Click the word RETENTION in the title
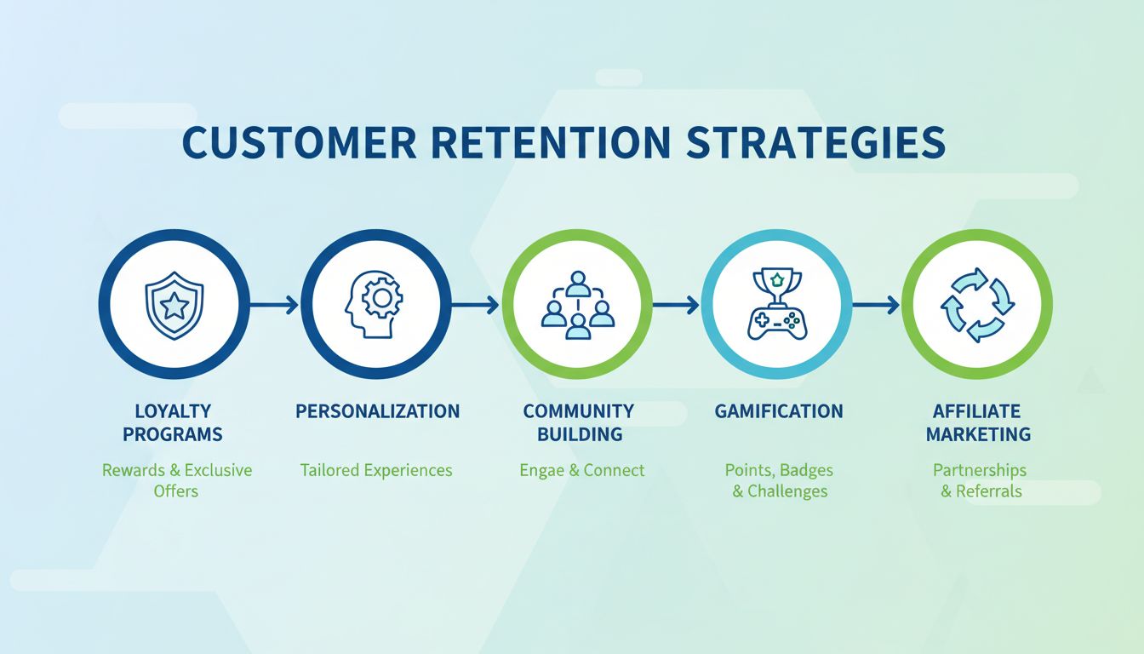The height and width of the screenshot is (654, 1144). (x=552, y=143)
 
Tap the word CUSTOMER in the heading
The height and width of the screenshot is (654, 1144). (x=299, y=143)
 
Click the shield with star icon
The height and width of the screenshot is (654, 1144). (x=174, y=304)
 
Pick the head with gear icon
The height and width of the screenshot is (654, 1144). (x=375, y=304)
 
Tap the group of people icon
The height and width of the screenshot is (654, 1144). (x=577, y=305)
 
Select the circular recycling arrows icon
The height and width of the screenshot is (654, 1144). (x=977, y=305)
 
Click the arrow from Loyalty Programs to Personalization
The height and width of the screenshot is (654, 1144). (x=274, y=305)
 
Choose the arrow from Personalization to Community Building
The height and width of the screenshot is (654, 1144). (x=475, y=305)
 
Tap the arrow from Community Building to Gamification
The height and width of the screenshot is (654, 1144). (x=677, y=305)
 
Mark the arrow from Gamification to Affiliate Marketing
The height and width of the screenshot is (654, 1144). (x=877, y=305)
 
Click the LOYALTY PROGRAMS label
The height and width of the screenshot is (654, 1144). (x=173, y=423)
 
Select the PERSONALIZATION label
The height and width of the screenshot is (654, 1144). (x=377, y=411)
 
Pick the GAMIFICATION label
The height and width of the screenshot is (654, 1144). (x=779, y=411)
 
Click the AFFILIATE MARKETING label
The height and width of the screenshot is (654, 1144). (x=978, y=423)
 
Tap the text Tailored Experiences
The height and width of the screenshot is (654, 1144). (x=376, y=470)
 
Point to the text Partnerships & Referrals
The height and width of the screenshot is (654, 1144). (x=980, y=480)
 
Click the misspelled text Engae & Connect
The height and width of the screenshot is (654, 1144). (x=582, y=470)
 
